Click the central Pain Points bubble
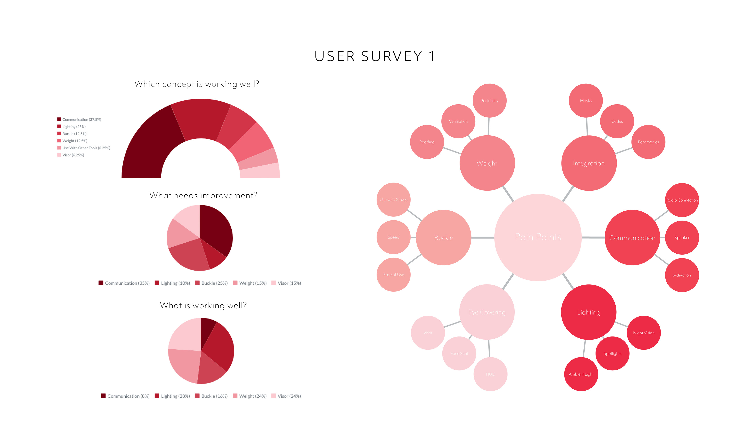pos(538,237)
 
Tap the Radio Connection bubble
pos(682,200)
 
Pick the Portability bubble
pos(489,100)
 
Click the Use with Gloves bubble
pos(393,199)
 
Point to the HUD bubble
pos(490,374)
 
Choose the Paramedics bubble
pos(648,142)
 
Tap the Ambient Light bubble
pos(581,374)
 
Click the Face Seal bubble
pos(459,353)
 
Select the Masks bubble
pos(586,100)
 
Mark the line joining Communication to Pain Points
pos(593,238)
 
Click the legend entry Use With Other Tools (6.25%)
pos(86,148)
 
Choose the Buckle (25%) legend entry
pos(214,283)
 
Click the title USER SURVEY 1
pos(375,56)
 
